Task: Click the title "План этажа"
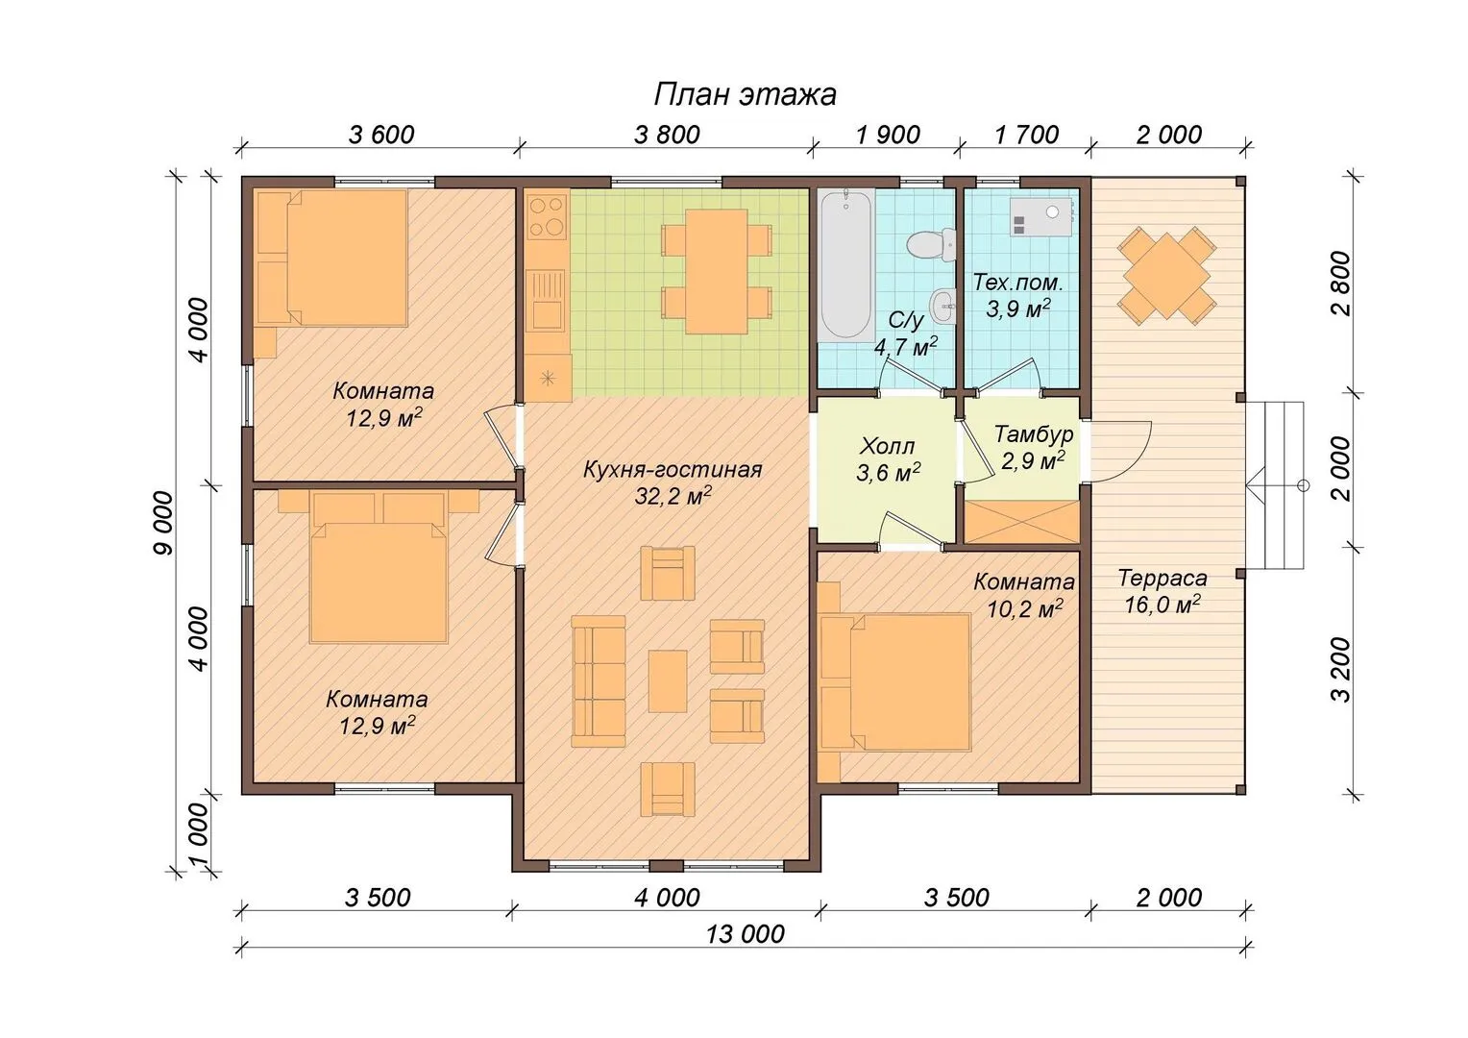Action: point(746,95)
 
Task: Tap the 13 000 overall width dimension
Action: point(746,934)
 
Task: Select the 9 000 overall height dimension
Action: point(164,523)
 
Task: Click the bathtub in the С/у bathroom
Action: point(846,263)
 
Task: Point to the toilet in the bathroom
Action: point(931,244)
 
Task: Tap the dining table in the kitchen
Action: point(717,271)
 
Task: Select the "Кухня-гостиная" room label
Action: point(673,469)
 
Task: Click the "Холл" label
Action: point(888,447)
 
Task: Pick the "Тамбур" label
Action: point(1034,433)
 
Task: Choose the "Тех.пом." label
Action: point(1017,283)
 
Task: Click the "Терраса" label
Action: point(1162,578)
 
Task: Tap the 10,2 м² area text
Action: point(1025,608)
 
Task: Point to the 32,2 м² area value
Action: point(673,496)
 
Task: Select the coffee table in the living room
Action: point(668,681)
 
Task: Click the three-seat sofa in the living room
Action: point(599,681)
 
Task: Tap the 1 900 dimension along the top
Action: point(888,135)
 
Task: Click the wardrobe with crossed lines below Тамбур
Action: point(1021,522)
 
